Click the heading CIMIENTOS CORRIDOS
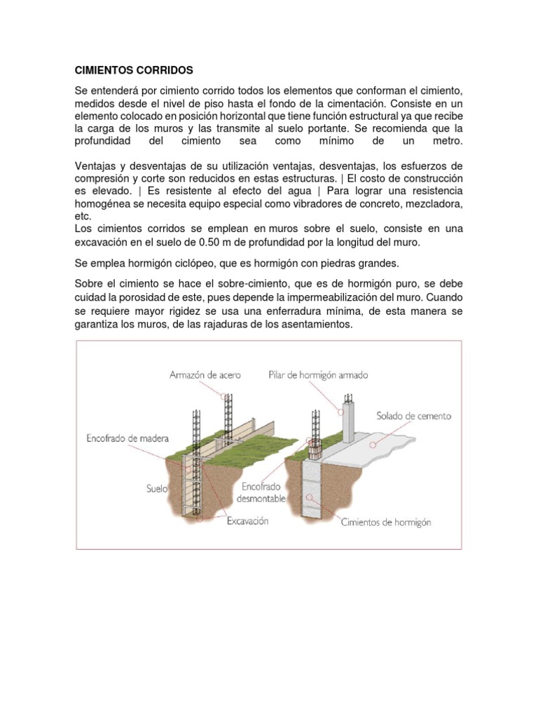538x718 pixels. [x=133, y=71]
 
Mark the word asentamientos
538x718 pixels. [x=312, y=326]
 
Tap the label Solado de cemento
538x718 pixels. [x=413, y=416]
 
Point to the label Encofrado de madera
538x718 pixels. [x=123, y=440]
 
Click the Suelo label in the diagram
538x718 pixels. [x=157, y=489]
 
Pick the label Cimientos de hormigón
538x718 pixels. [x=385, y=522]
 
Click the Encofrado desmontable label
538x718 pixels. [x=263, y=492]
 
